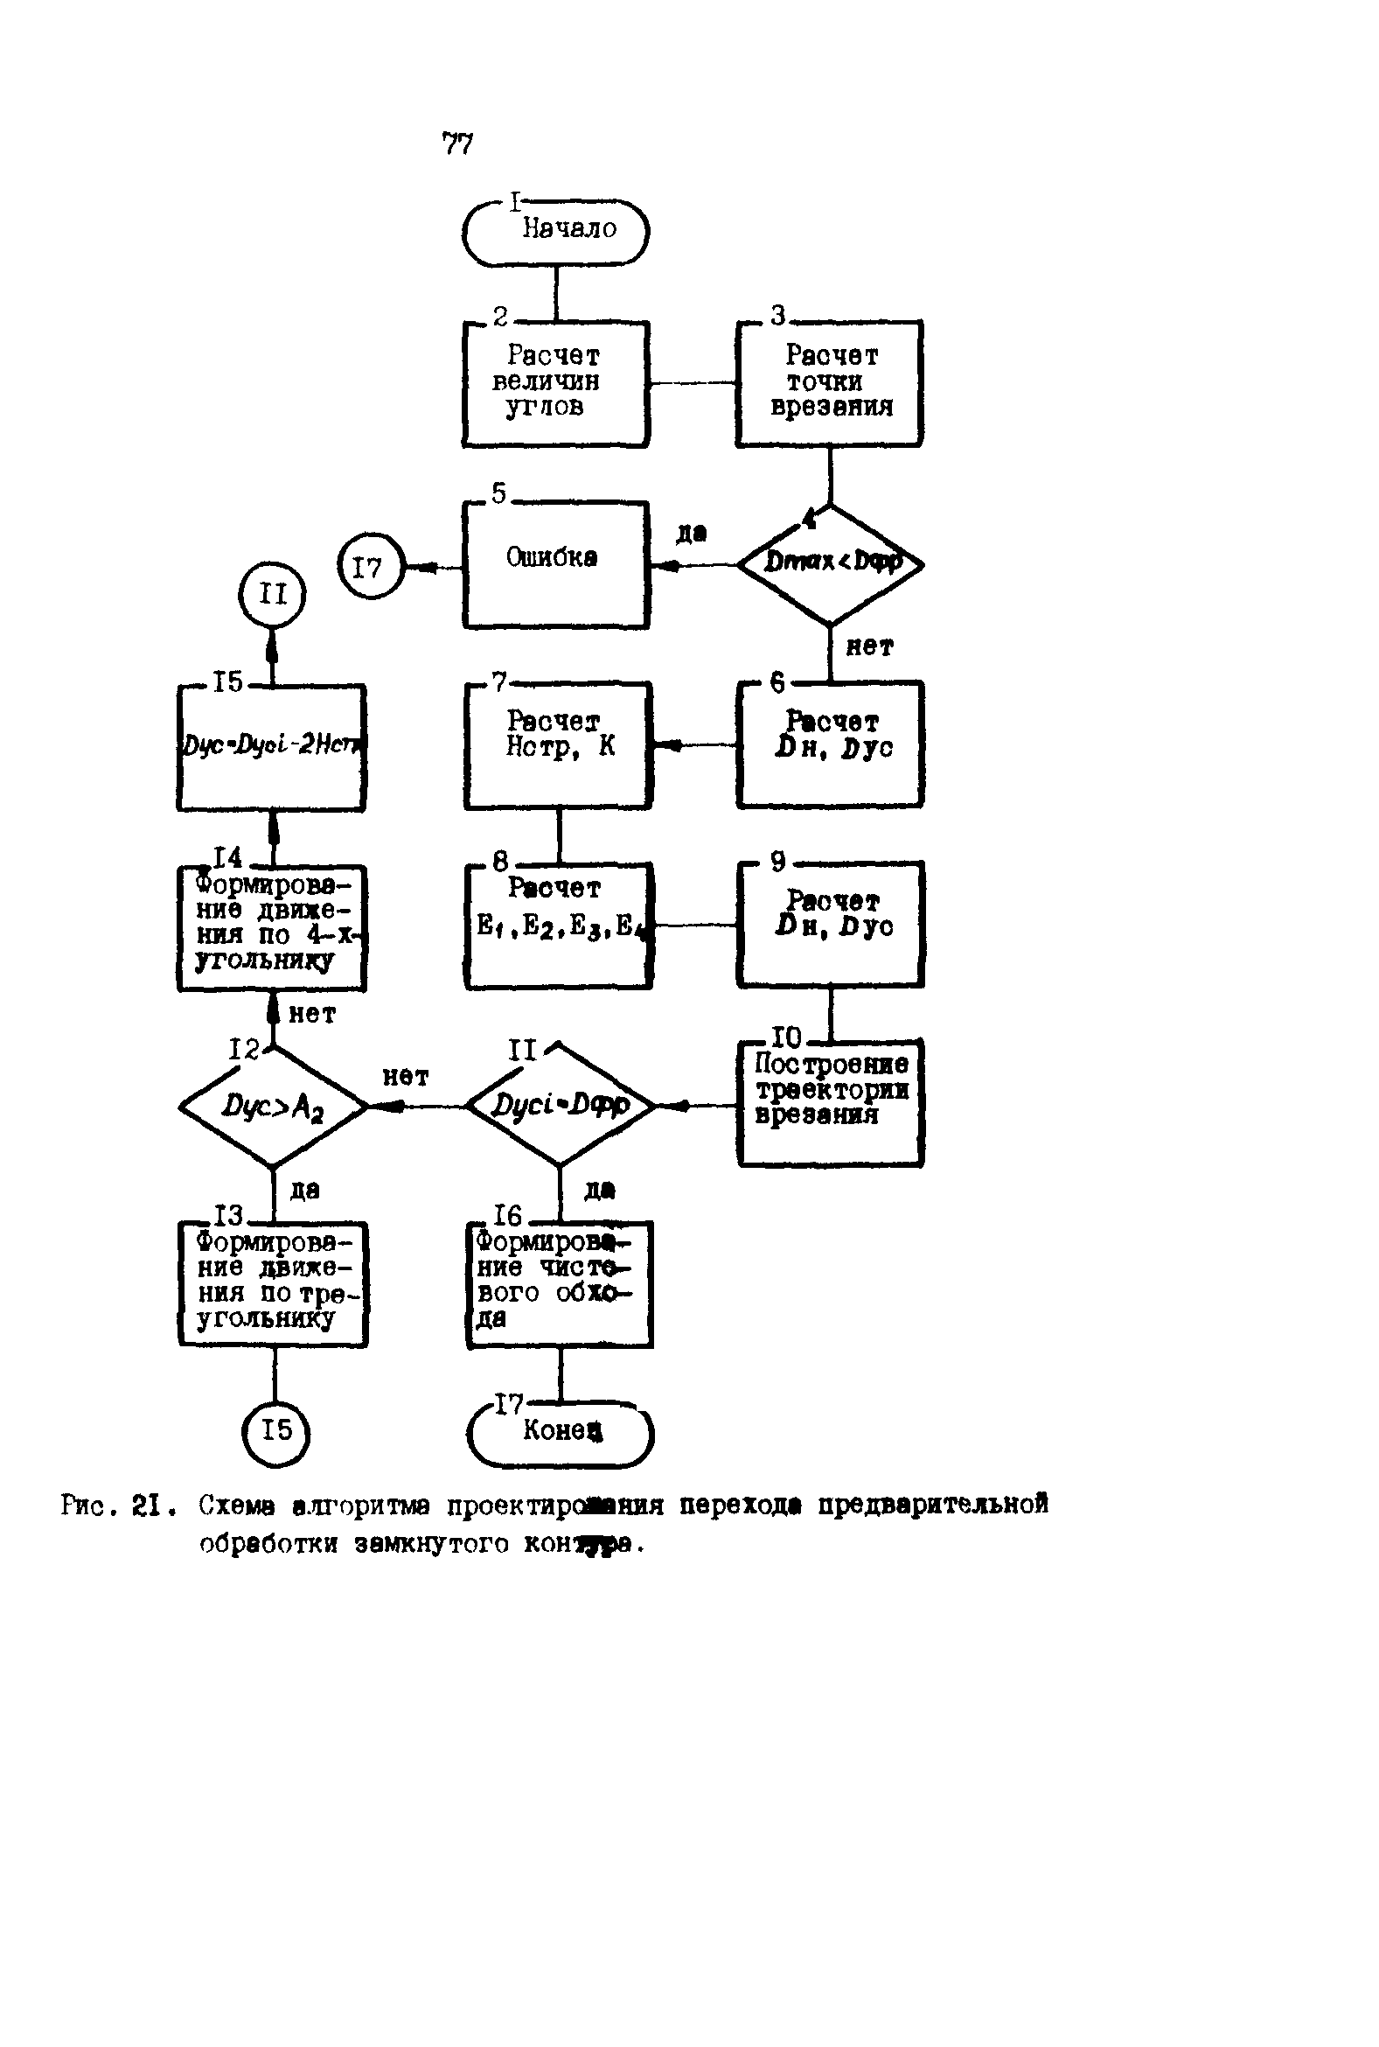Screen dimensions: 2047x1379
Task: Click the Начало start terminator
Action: [556, 232]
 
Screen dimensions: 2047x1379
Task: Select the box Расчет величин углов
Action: [556, 383]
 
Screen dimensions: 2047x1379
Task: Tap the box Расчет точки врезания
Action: [829, 383]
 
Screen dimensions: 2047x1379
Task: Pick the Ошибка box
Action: [556, 564]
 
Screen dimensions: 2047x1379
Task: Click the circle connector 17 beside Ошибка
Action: [370, 567]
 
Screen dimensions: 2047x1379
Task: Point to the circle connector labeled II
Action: [273, 596]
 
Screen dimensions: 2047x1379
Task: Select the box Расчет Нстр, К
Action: [559, 745]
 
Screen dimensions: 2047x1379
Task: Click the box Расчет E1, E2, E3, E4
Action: [559, 926]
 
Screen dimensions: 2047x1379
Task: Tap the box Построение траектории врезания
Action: [830, 1103]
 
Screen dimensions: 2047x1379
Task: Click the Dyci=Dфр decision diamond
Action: [561, 1106]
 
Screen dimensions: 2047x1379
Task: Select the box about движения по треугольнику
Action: [273, 1283]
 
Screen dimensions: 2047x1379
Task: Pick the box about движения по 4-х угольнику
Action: [272, 928]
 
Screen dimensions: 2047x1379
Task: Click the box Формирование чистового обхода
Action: [560, 1283]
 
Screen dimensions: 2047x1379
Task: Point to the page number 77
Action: [457, 143]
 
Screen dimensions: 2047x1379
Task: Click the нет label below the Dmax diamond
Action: [869, 647]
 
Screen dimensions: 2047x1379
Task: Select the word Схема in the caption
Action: [237, 1506]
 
